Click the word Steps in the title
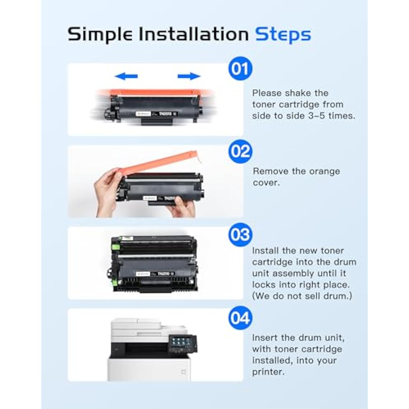(283, 34)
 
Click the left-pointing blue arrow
(126, 76)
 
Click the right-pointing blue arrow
(189, 76)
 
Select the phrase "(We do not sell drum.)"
(302, 296)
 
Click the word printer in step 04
(267, 371)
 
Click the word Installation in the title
(193, 34)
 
